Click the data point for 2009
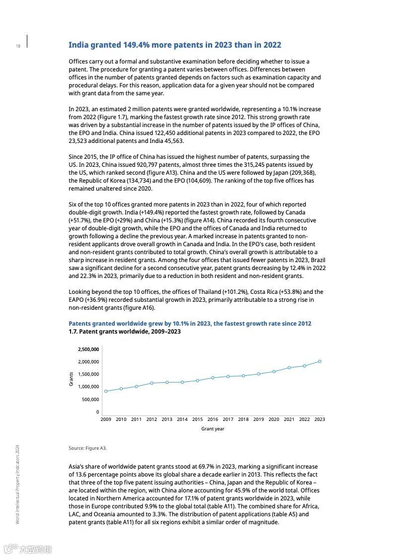pos(106,391)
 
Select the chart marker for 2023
pos(319,361)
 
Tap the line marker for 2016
pos(213,378)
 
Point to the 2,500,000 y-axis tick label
pos(88,349)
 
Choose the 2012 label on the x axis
pos(152,419)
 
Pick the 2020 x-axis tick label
pos(274,419)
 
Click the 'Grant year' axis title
pos(213,429)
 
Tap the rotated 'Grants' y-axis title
pos(72,379)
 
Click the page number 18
pos(18,46)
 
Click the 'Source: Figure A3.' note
pos(87,448)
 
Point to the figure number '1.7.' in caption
pos(73,332)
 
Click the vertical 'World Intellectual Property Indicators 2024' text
pos(18,484)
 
